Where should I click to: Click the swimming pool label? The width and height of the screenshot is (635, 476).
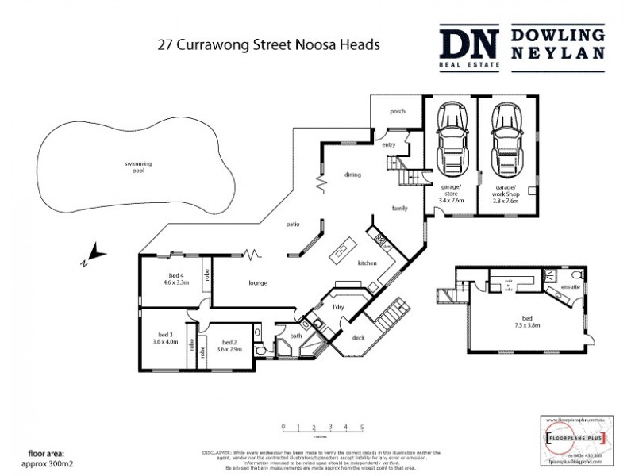click(x=137, y=167)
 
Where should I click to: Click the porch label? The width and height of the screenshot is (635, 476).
click(x=397, y=112)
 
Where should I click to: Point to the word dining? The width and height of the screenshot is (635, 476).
click(x=352, y=175)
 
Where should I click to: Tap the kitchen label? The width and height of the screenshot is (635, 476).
click(x=366, y=263)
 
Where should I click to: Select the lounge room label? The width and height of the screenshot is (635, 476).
click(x=256, y=283)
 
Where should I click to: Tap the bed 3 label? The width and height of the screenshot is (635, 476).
click(x=165, y=334)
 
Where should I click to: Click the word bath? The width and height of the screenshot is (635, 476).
click(x=296, y=336)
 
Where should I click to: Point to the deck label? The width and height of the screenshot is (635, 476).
click(x=358, y=337)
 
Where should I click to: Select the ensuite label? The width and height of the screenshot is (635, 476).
click(x=569, y=287)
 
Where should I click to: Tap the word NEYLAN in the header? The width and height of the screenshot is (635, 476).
click(x=557, y=55)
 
